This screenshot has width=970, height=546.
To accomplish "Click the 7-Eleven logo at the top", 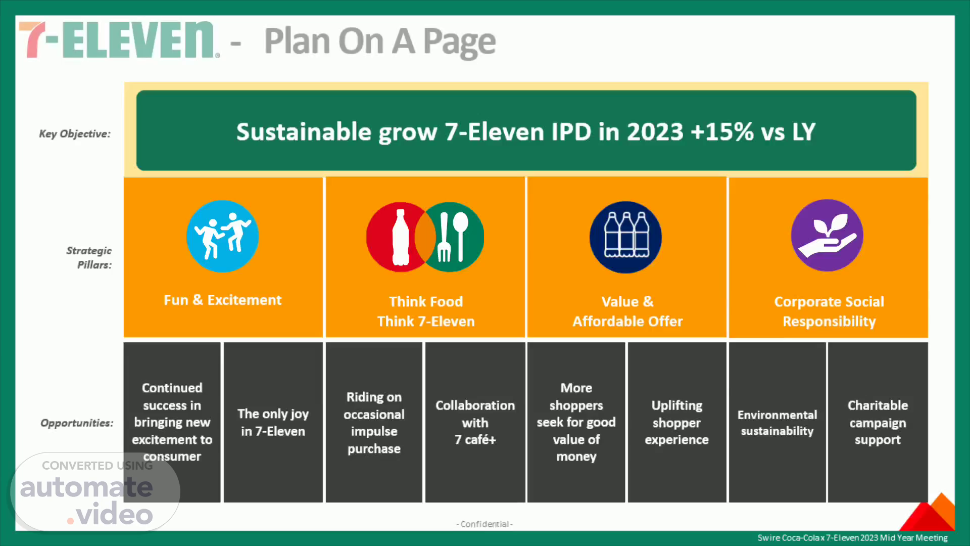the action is pos(119,40).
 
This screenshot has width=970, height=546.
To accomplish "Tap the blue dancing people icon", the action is pos(222,236).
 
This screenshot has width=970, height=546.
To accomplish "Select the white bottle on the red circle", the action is pos(401,237).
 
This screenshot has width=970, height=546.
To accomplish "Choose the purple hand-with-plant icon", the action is pos(827,236).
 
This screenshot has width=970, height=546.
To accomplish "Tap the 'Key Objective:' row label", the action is pos(75,134).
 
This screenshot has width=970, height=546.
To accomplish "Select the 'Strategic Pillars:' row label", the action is pos(89,257).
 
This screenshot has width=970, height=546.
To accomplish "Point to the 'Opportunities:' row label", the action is pos(77,423).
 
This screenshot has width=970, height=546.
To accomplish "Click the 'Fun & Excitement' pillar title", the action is pos(223,300).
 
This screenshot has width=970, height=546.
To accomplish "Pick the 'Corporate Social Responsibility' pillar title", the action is pos(829,311).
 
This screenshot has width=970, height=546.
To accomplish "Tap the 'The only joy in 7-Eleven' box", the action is pos(273,422).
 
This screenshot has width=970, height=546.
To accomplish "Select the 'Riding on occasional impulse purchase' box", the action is pos(374,422).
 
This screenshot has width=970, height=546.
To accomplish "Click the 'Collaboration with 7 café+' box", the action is pos(475,422).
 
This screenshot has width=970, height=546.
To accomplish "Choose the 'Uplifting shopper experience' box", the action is pos(677,422).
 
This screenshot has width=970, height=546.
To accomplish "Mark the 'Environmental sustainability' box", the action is pos(777,422).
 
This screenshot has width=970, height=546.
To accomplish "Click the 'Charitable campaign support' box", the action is pos(878,422).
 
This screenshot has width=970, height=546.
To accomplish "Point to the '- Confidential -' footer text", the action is pos(484,524).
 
